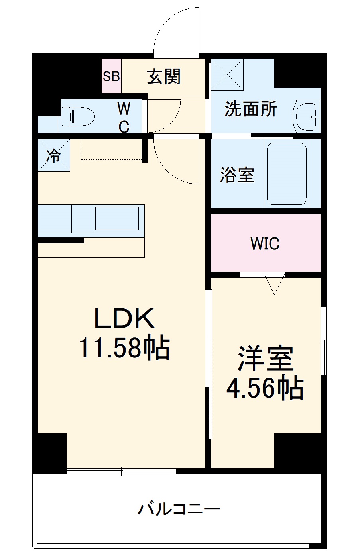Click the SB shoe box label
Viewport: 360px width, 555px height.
111,76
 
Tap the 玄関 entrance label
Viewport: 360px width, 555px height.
164,76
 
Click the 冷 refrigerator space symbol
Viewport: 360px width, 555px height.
53,155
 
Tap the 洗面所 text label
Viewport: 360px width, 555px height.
251,109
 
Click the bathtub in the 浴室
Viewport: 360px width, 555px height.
286,174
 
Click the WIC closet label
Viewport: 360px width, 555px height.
265,243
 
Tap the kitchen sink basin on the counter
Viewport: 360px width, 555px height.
117,218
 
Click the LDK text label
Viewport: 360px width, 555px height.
124,318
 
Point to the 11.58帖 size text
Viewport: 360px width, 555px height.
124,348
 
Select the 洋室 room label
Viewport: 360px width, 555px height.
266,358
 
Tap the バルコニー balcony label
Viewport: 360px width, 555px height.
179,509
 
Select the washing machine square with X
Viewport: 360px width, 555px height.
227,75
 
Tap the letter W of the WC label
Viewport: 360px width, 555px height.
124,108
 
